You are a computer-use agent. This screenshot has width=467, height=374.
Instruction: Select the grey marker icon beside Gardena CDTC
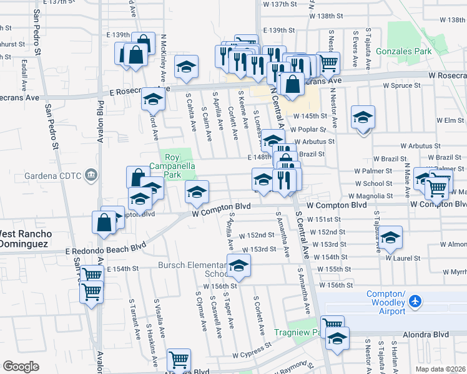tap(92, 173)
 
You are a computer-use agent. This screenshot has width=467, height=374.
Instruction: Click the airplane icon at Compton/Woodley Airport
tap(416, 302)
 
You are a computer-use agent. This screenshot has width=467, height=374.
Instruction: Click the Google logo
tap(21, 366)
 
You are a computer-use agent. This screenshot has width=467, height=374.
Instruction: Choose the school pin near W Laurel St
tap(391, 237)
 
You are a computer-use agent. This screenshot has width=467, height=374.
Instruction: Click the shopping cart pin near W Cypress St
tap(179, 359)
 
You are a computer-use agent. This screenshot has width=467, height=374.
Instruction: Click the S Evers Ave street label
tap(355, 49)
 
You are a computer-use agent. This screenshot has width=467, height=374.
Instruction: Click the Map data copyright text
tap(441, 369)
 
